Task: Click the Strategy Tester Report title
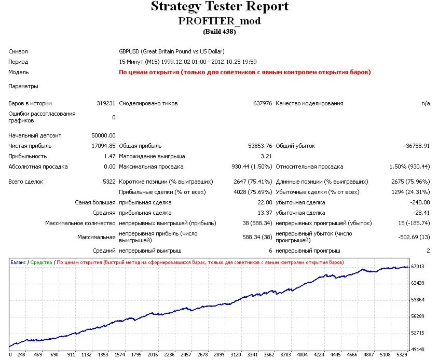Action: point(219,7)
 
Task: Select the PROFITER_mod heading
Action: point(219,21)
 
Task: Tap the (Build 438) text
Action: point(219,31)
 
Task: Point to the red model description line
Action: point(245,72)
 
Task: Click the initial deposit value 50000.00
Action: point(103,135)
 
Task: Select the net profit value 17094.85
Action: point(103,146)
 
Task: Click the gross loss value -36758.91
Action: point(417,146)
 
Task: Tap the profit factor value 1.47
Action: point(109,156)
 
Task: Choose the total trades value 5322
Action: point(108,182)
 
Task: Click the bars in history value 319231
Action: point(106,103)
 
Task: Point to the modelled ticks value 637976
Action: point(262,103)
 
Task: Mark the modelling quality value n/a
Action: point(426,103)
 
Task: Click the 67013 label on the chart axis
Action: point(418,267)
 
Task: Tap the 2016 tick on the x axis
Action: point(153,355)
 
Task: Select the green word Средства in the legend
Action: point(42,262)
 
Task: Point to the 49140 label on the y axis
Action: point(418,349)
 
